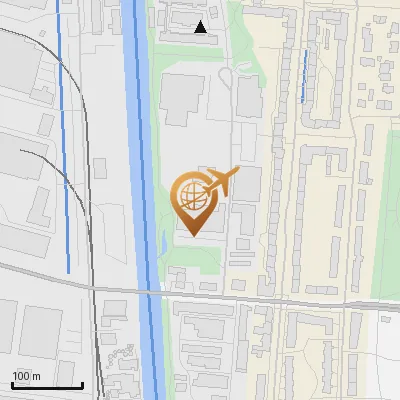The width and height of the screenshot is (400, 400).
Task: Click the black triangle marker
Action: tap(201, 28)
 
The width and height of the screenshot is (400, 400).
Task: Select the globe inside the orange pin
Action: tap(190, 194)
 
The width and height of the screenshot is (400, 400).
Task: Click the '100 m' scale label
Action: tap(27, 375)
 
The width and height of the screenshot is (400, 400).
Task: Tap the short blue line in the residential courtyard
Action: tap(302, 76)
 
